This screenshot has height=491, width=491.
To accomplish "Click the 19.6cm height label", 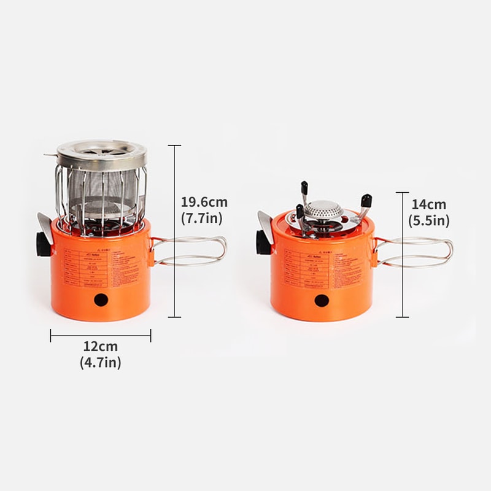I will [204, 201].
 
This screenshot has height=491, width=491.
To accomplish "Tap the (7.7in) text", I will [201, 217].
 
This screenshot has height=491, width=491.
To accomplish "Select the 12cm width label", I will [101, 347].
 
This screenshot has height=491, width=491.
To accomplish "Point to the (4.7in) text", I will [101, 363].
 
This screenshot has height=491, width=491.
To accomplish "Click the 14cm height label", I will [429, 205].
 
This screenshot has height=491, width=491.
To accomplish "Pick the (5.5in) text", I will [429, 220].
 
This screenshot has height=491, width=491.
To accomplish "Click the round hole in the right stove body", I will [321, 301].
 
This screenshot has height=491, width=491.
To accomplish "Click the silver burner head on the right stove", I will [324, 211].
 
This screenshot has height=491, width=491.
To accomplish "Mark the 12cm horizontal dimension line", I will [101, 335].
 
